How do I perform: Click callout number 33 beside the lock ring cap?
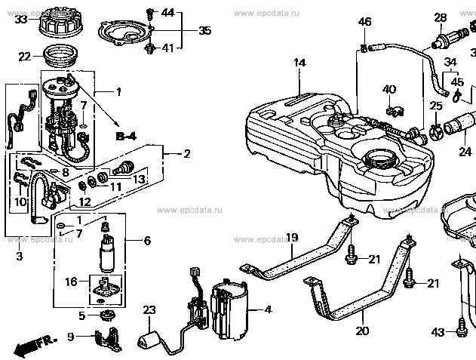(x=21, y=19)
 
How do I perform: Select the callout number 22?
(x=25, y=57)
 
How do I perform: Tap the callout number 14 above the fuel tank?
(x=300, y=63)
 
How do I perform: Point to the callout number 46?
(x=365, y=23)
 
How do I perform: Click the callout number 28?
(x=439, y=17)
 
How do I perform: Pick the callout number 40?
(x=389, y=89)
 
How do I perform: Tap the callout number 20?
(x=361, y=331)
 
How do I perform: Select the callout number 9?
(x=71, y=337)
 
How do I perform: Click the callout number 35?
(x=204, y=31)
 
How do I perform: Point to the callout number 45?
(x=457, y=82)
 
